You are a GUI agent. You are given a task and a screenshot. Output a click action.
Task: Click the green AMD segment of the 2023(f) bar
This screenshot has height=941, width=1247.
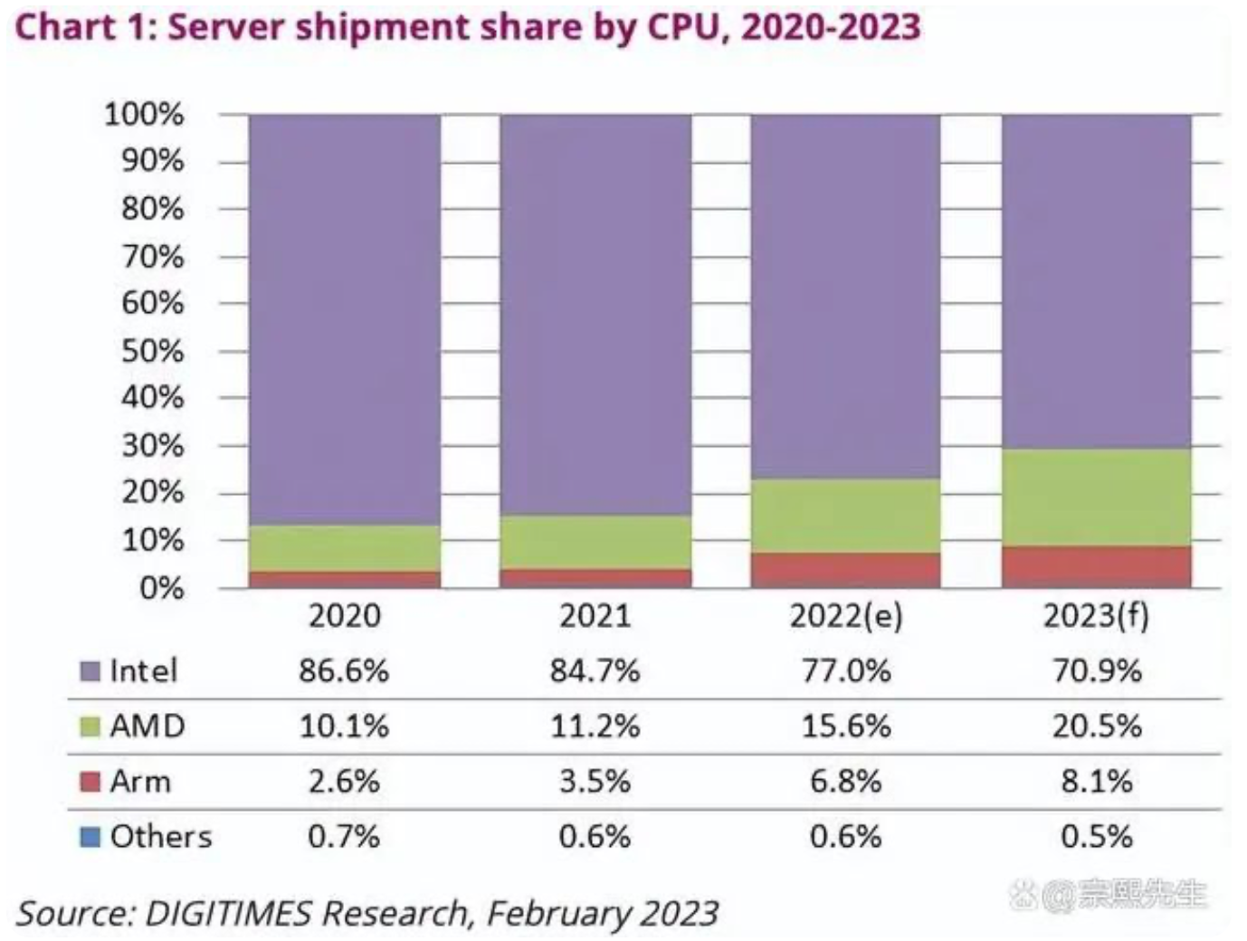[x=1096, y=498]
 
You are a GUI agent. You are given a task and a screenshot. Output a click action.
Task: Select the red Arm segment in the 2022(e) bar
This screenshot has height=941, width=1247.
[x=845, y=570]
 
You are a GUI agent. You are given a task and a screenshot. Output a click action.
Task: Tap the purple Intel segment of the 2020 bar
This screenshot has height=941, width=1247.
[x=345, y=319]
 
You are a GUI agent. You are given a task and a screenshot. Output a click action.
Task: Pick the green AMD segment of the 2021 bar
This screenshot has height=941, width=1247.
[x=596, y=542]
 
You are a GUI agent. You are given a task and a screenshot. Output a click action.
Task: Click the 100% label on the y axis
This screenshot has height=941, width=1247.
[x=144, y=115]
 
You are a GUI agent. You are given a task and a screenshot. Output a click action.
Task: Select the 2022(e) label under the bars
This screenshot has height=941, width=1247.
[x=846, y=616]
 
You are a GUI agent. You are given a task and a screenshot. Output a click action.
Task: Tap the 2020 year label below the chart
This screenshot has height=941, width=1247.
[x=345, y=616]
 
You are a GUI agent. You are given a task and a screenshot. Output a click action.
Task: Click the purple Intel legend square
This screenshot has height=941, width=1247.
[x=90, y=671]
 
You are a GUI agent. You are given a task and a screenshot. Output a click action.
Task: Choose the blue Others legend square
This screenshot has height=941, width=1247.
[x=90, y=837]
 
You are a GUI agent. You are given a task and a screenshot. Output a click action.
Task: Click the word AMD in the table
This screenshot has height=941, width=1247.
[x=148, y=727]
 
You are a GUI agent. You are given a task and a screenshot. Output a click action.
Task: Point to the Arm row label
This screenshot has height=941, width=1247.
[x=140, y=782]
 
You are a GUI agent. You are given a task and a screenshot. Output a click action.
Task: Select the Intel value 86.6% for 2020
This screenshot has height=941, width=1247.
[x=344, y=670]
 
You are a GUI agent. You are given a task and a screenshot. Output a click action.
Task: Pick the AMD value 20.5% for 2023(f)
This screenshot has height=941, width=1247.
[x=1097, y=727]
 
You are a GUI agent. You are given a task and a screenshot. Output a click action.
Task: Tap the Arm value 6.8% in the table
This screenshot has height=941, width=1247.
[x=846, y=782]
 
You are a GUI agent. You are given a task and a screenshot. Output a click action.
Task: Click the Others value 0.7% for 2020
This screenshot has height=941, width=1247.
[x=344, y=837]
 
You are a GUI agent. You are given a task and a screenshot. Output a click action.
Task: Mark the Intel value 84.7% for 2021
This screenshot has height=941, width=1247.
[x=595, y=670]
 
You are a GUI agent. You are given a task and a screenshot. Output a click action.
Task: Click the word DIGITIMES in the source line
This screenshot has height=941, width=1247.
[x=228, y=913]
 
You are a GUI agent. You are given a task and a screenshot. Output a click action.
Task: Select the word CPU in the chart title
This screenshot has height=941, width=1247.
[x=683, y=26]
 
